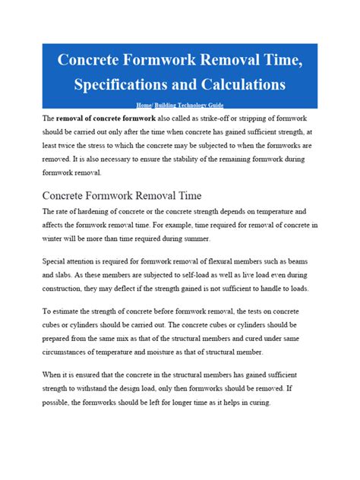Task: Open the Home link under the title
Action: pyautogui.click(x=146, y=105)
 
